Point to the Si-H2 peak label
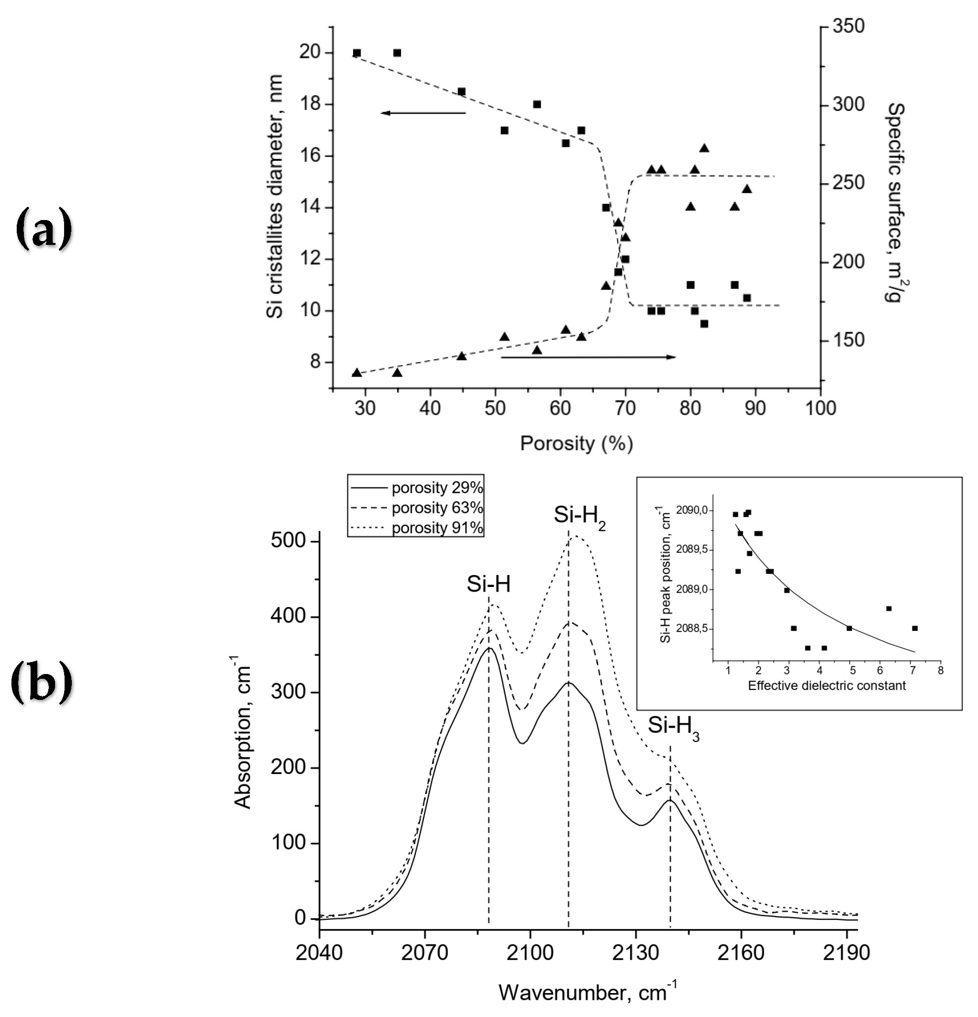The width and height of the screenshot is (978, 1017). pyautogui.click(x=579, y=516)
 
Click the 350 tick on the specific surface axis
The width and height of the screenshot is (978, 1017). pyautogui.click(x=848, y=26)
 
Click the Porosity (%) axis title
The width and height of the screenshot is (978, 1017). pyautogui.click(x=576, y=443)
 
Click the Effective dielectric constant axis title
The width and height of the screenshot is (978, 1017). pyautogui.click(x=826, y=685)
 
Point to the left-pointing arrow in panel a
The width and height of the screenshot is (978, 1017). pyautogui.click(x=422, y=112)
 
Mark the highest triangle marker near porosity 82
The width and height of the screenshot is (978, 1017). pyautogui.click(x=704, y=148)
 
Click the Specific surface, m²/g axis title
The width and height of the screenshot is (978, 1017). pyautogui.click(x=896, y=202)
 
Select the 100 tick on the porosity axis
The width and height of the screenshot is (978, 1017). pyautogui.click(x=820, y=409)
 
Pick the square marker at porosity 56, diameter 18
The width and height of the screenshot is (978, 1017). pyautogui.click(x=537, y=104)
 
